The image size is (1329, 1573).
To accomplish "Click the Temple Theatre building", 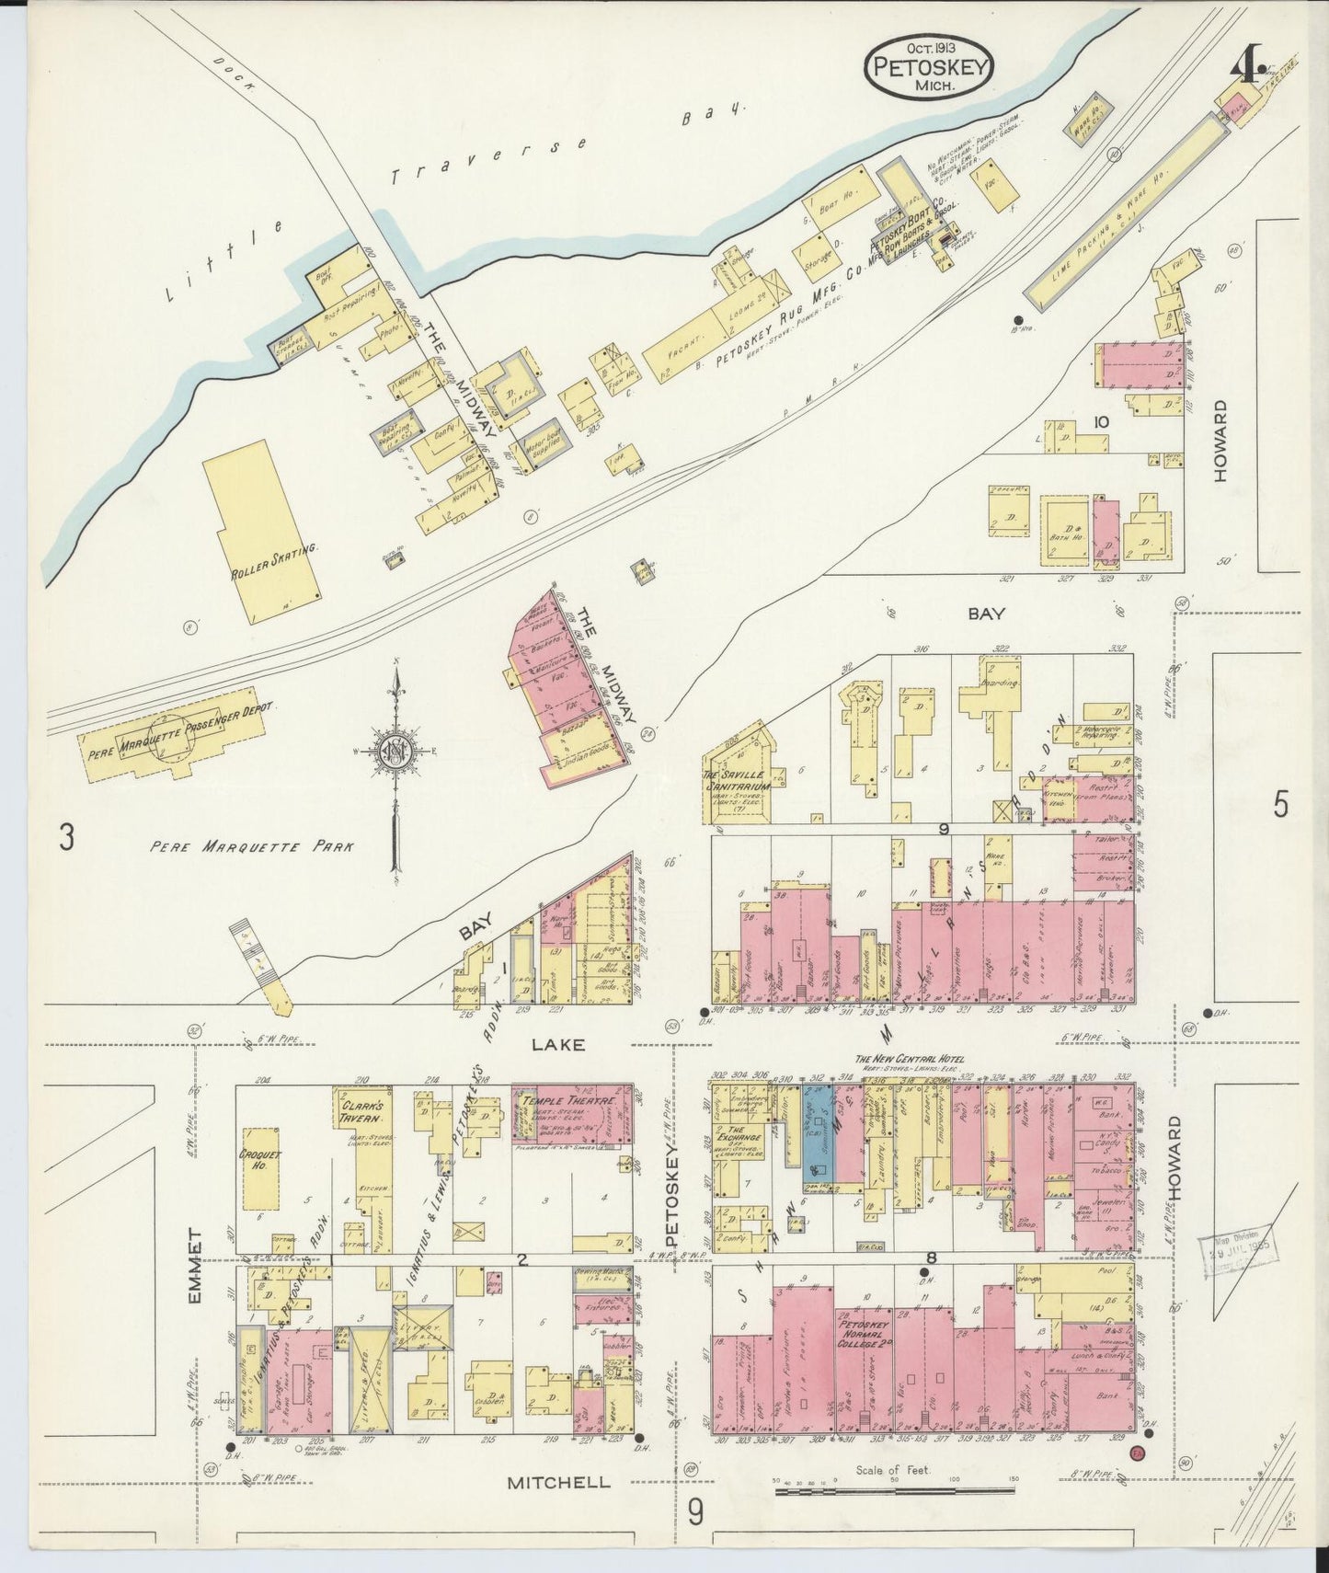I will (571, 1114).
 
